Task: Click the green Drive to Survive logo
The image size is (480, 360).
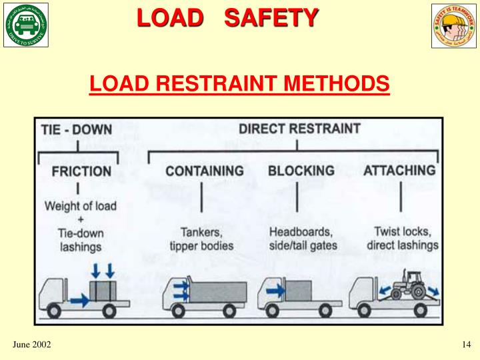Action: pos(26,26)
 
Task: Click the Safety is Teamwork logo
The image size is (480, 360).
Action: pos(454,26)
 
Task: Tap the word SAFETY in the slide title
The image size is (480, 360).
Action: pos(271,17)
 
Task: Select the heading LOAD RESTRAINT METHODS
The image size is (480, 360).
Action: pos(239,84)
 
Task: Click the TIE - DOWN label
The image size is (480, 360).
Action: pos(77,129)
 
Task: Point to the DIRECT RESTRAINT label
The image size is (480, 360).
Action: pos(299,128)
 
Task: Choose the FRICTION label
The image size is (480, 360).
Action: pos(81,171)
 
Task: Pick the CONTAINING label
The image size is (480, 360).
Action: pos(205,171)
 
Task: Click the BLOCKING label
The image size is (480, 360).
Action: pos(301,171)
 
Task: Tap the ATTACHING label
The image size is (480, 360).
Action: pos(399,170)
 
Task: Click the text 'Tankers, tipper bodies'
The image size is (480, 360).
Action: pos(201,239)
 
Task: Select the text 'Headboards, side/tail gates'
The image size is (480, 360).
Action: pos(303,239)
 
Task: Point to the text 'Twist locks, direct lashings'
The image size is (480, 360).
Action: pos(402,238)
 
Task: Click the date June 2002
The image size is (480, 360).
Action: pos(32,344)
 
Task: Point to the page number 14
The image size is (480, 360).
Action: pos(466,344)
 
